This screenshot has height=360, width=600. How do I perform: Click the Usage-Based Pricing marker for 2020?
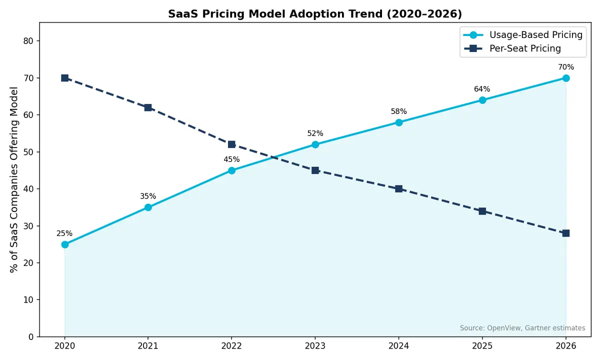[64, 244]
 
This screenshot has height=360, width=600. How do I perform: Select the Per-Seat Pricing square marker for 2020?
[64, 78]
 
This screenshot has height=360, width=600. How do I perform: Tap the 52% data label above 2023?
[315, 133]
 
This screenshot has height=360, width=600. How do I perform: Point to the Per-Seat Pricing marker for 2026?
[565, 233]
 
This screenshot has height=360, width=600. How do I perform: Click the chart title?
[314, 14]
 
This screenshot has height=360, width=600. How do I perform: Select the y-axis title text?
[14, 179]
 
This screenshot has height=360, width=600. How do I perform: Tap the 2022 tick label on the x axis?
[231, 345]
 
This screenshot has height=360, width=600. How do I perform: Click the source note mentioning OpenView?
[522, 328]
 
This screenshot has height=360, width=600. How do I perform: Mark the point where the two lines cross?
[273, 158]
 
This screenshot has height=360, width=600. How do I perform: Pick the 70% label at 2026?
[565, 67]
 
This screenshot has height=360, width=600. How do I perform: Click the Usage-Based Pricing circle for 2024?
[398, 122]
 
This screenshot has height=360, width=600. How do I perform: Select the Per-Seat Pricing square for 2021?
[148, 107]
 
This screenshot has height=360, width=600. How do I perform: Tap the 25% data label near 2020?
[64, 233]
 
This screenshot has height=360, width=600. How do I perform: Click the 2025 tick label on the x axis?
[482, 345]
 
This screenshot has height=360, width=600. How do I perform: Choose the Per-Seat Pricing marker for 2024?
[398, 189]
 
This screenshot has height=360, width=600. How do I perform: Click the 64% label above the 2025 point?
[482, 89]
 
